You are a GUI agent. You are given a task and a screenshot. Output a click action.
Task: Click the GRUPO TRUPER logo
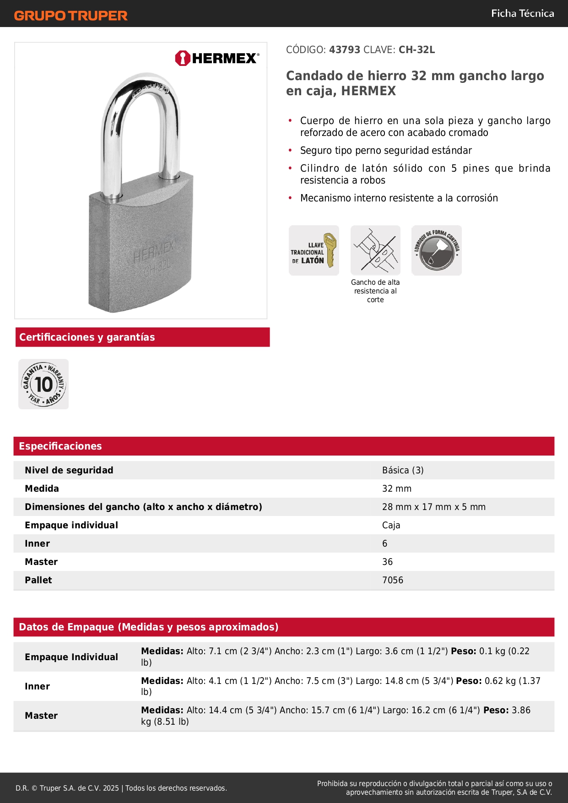point(70,16)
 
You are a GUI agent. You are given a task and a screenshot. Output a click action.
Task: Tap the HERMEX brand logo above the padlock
point(217,58)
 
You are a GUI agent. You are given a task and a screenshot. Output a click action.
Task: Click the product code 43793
point(345,50)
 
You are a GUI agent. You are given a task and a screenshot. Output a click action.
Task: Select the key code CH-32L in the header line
point(417,50)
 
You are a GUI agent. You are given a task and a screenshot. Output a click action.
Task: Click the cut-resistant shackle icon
point(375,250)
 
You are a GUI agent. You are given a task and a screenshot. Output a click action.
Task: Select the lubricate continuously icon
point(436,250)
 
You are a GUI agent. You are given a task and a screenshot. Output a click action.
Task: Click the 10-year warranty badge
point(43,384)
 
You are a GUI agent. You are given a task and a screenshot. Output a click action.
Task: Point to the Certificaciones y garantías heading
point(87,337)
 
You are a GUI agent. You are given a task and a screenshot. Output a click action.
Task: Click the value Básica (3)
point(403,470)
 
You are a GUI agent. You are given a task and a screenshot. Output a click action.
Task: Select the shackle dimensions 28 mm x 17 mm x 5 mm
point(433,507)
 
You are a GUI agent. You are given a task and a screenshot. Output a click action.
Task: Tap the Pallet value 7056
point(392,580)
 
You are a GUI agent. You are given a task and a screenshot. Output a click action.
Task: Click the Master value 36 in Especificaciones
point(387,562)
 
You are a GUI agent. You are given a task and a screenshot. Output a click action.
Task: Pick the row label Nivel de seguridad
point(69,470)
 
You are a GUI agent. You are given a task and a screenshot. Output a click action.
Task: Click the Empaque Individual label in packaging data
point(71,657)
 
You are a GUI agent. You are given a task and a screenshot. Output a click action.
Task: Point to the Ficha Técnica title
point(522,14)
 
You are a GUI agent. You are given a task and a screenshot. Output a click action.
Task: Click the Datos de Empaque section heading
point(148,627)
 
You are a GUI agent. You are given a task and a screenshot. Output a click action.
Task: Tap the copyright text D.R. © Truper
point(121,788)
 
